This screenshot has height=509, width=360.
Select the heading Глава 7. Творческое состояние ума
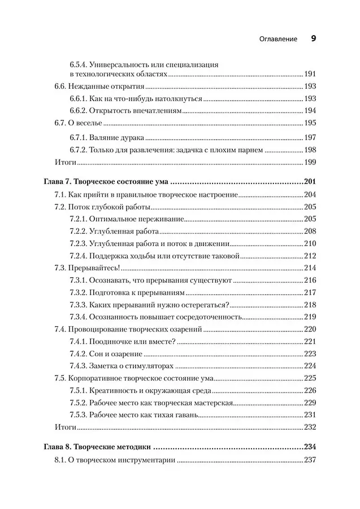(107, 182)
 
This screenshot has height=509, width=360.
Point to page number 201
(309, 182)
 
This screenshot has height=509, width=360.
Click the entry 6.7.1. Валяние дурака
(99, 137)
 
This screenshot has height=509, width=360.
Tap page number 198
(310, 151)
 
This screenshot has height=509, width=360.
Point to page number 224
(310, 366)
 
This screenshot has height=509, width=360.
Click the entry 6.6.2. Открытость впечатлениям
(125, 111)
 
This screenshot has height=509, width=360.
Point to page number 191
(310, 74)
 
